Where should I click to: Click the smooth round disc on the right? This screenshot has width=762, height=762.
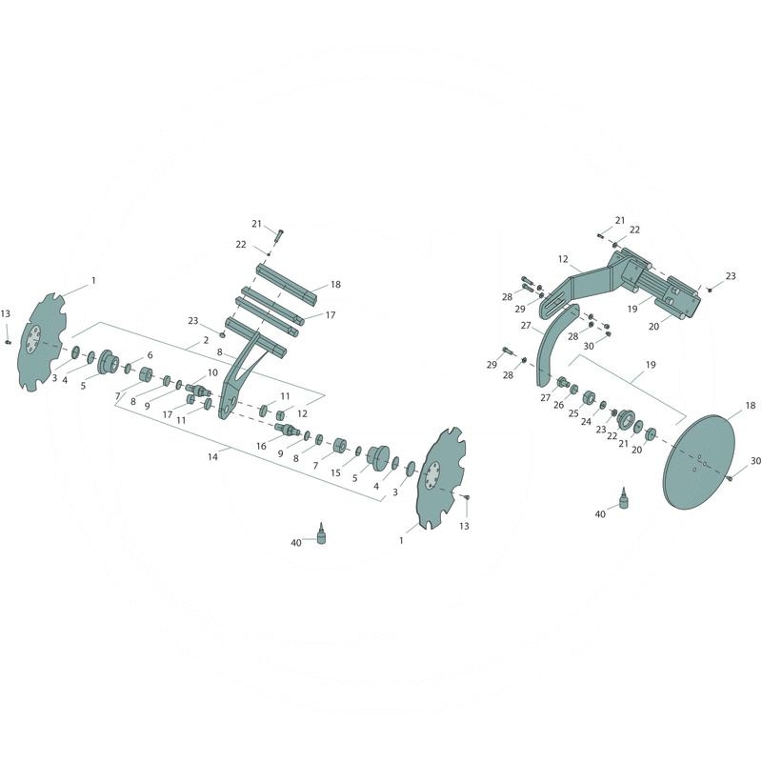[x=699, y=462]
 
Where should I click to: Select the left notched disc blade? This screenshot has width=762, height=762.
[x=43, y=342]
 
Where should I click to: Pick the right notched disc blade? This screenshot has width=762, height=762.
[x=441, y=478]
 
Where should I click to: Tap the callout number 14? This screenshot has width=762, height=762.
[x=212, y=457]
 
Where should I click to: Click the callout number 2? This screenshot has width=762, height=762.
[x=206, y=340]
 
